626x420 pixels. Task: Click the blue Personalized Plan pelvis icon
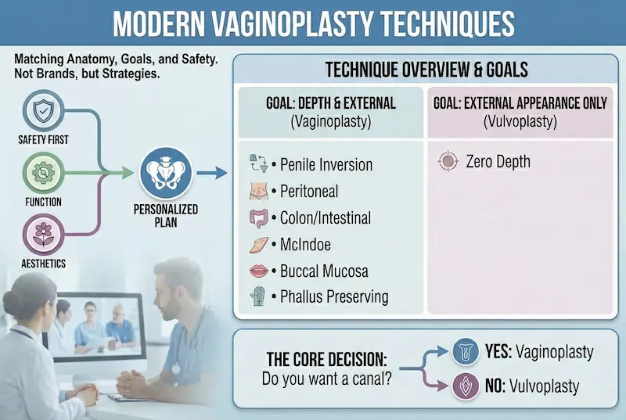click(x=166, y=175)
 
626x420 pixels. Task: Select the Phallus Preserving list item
click(x=333, y=296)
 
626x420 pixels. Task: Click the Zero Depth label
click(x=498, y=162)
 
